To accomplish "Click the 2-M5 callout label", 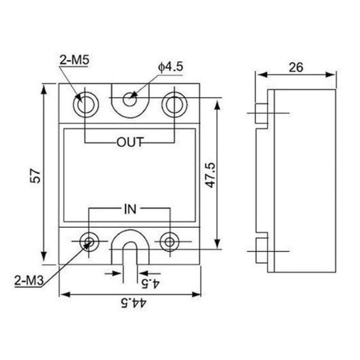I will pos(74,60).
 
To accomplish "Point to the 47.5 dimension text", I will pos(210,174).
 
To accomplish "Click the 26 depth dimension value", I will pos(296,67).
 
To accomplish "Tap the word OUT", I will pos(129,142).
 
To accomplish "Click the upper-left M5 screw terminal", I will pos(84,105).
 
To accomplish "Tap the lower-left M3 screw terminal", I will pos(89,241).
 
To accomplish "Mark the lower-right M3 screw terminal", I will pos(169,241).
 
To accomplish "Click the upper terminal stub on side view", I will pos(262,114).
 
